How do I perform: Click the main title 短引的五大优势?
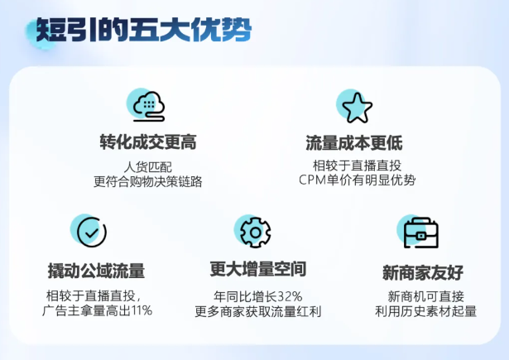[143, 30]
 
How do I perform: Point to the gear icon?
[256, 233]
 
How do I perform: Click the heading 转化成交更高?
[148, 142]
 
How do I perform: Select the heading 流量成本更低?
[354, 143]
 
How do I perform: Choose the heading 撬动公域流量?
[96, 271]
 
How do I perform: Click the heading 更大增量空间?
[258, 269]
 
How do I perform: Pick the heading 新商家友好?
[423, 272]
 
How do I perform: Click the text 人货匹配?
[147, 167]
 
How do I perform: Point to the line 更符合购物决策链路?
[147, 181]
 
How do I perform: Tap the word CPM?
[312, 180]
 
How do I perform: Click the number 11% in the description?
[141, 310]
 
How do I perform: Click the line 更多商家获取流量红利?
[258, 311]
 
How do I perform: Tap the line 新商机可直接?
[426, 296]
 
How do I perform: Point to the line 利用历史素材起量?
[426, 311]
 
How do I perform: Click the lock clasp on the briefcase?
[420, 236]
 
